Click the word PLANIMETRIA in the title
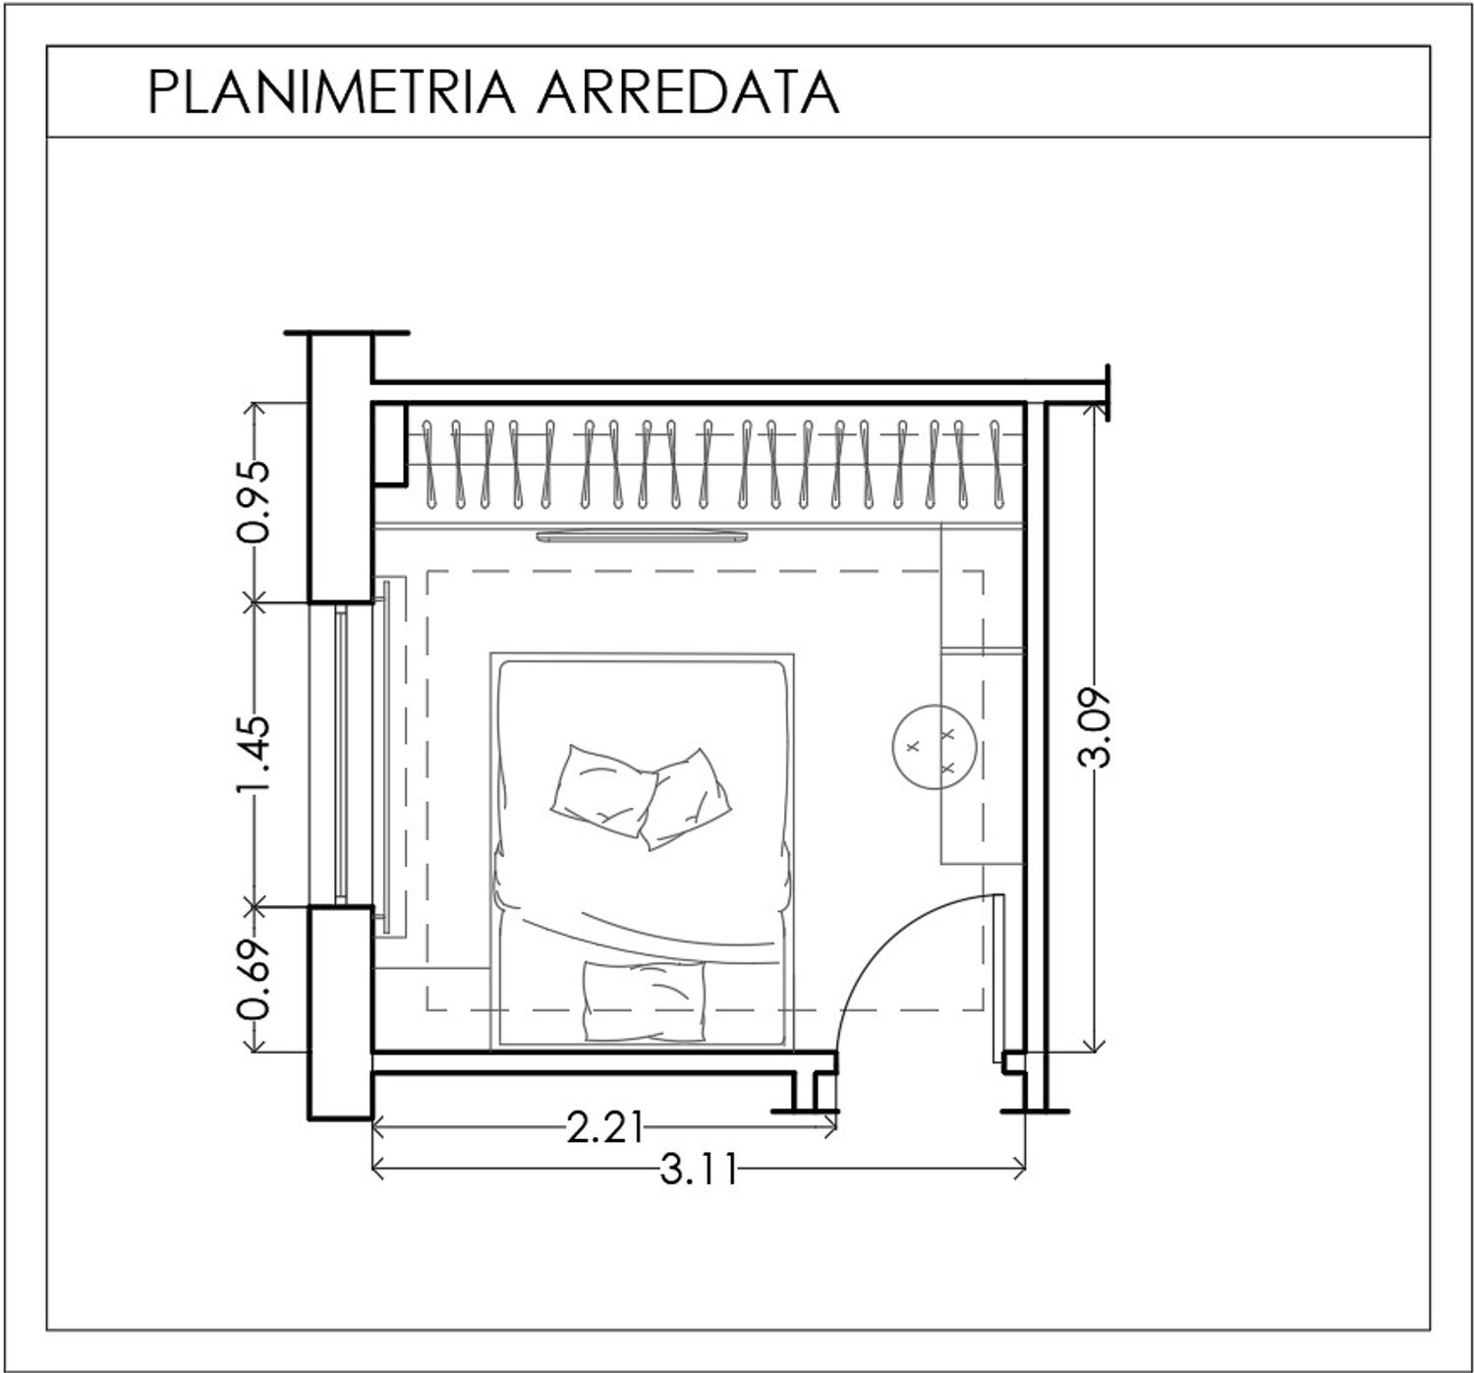point(332,92)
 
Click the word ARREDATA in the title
point(689,92)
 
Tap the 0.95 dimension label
point(254,501)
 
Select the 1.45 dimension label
point(254,754)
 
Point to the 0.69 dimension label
point(254,980)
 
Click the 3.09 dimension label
point(1094,727)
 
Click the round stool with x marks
point(933,747)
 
